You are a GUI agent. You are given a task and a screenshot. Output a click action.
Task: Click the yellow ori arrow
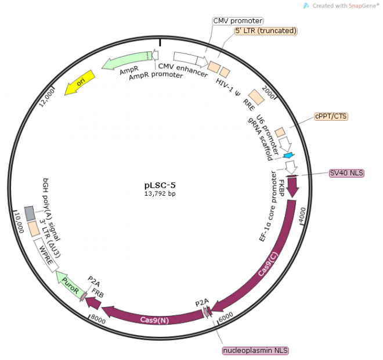point(80,83)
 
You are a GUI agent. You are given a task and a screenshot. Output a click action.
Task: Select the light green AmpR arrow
point(125,60)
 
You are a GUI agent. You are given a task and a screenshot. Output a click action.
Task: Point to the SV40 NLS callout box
point(346,172)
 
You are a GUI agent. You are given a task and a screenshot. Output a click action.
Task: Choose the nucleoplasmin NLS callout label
point(256,351)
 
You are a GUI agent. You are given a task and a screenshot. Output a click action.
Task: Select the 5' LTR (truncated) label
point(266,30)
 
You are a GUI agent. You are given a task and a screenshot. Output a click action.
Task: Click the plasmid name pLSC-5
point(160,185)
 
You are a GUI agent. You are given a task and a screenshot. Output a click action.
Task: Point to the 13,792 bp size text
point(160,194)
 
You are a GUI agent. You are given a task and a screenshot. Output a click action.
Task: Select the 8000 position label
point(97,318)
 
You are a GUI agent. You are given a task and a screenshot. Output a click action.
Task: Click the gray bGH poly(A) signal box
point(31,213)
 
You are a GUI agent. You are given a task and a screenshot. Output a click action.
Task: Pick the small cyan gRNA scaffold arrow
point(288,156)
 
